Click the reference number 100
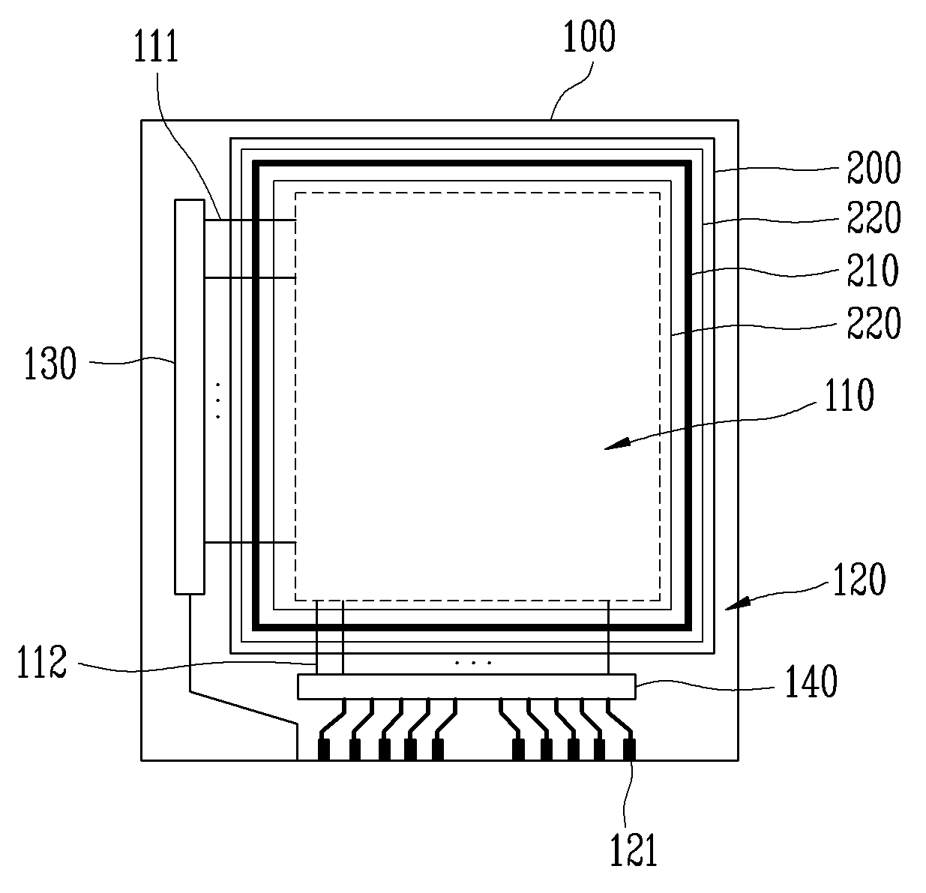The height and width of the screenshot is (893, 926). coord(589,36)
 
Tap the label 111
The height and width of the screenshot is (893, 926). coord(156,46)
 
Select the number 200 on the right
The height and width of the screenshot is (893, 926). coord(874,167)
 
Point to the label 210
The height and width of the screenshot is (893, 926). coord(873,270)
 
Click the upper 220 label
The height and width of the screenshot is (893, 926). coord(874,217)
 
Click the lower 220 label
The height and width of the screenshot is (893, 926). coord(874,322)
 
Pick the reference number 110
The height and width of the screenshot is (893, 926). coord(850,395)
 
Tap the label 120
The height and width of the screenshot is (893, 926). coord(859,579)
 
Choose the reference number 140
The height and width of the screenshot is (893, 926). coord(811,682)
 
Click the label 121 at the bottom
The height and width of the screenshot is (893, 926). coord(634,850)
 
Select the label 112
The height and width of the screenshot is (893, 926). coord(42,662)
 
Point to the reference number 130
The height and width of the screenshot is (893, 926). coord(50,363)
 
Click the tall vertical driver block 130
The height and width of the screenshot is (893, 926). coord(190,397)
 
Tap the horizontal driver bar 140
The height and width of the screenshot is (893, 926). coord(466,687)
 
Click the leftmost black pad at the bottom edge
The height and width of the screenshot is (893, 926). coord(324,749)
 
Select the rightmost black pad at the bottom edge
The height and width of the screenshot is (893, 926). coord(629,749)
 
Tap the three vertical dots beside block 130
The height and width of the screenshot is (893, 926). coord(218,400)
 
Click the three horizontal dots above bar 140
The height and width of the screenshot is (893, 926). coord(473,663)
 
